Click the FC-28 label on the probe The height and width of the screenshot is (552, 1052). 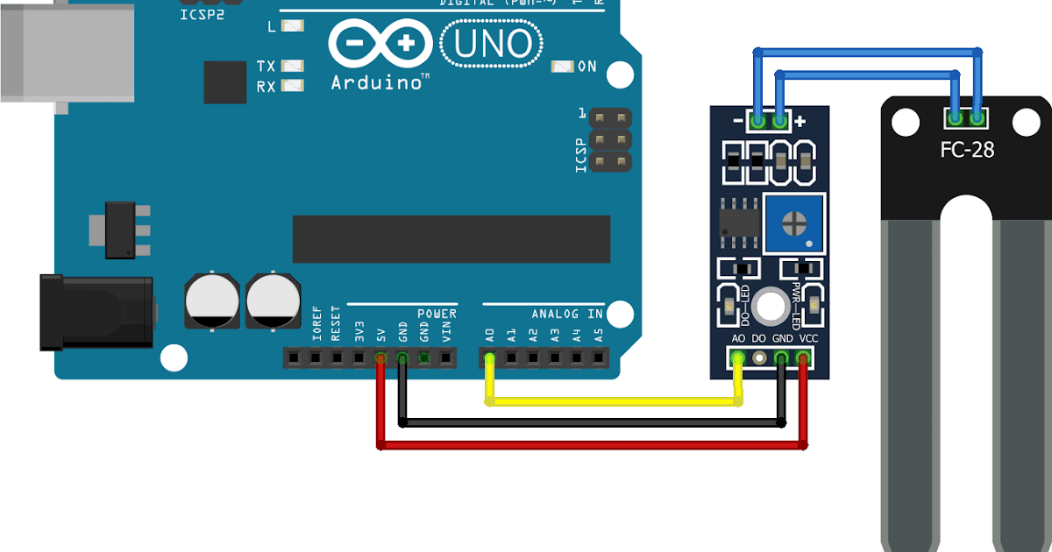tap(967, 150)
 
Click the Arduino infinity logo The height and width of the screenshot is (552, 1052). tap(380, 43)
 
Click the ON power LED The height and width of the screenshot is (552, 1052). tap(561, 67)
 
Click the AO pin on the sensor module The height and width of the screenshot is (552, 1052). tap(738, 357)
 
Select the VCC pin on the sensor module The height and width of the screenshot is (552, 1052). tap(803, 357)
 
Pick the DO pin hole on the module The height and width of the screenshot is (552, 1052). tap(759, 357)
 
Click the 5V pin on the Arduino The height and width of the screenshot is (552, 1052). tap(380, 357)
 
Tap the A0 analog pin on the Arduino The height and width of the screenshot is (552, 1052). tap(489, 357)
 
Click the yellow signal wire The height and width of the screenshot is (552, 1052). tap(614, 402)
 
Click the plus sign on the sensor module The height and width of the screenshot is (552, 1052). tap(800, 121)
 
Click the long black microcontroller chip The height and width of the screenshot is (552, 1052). tap(451, 238)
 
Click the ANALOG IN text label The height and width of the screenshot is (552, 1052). tap(567, 314)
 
